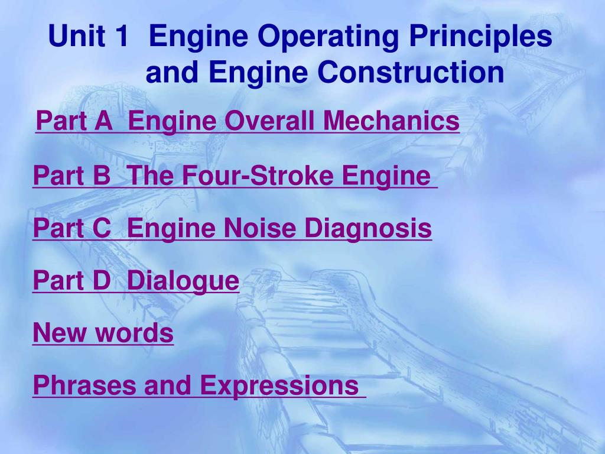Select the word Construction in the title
click(x=410, y=72)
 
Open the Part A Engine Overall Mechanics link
click(x=247, y=122)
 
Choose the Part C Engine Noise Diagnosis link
click(x=232, y=228)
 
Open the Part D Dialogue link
click(x=136, y=280)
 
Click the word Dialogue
click(x=183, y=281)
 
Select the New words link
click(x=103, y=333)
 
